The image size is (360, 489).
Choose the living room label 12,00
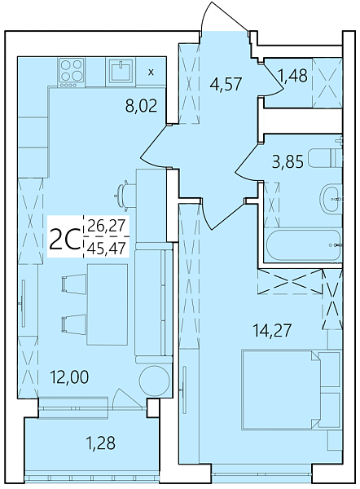71,377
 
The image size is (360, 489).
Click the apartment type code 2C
65,240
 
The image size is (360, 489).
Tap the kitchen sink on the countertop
121,72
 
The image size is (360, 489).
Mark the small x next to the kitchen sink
151,72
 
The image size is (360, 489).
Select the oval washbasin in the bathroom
330,196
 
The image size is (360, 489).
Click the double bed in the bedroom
290,394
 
